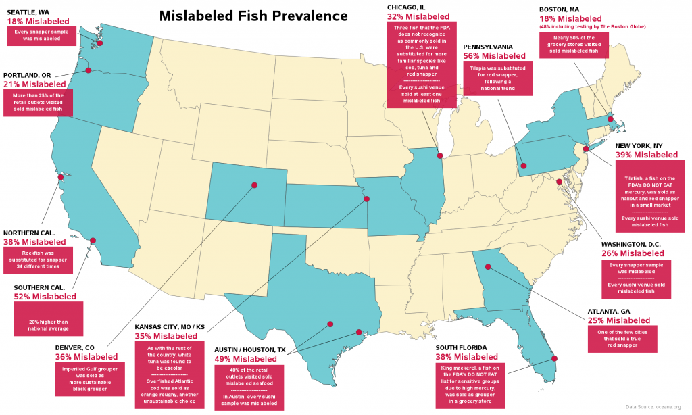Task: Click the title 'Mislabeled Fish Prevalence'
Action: point(253,15)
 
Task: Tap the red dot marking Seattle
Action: point(99,43)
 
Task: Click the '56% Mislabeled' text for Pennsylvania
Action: point(494,56)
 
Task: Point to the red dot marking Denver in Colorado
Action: point(254,185)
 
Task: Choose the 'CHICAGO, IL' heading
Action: point(406,7)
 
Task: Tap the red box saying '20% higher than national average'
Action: point(48,318)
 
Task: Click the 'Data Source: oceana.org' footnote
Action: point(656,406)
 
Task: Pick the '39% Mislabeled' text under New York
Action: point(646,155)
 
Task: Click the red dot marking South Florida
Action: point(554,359)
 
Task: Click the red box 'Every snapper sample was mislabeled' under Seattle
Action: point(42,36)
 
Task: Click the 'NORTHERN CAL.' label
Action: point(29,233)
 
